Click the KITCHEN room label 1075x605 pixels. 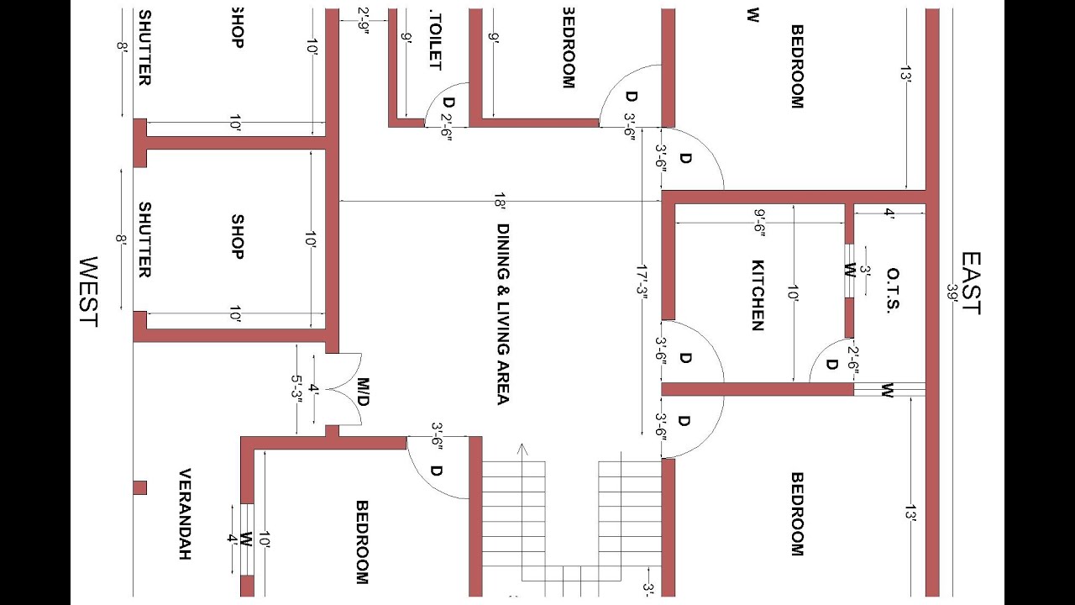[757, 294]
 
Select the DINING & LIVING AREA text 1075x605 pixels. [502, 313]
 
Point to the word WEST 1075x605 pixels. [87, 292]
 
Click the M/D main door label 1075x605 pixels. [362, 392]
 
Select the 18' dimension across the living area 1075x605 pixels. [501, 202]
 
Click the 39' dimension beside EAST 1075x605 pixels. [952, 295]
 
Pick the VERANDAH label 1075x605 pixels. [186, 514]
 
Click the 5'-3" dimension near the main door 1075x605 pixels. [296, 389]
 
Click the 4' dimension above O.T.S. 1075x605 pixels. [889, 214]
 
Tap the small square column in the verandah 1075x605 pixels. [140, 487]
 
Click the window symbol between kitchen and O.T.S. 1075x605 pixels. [849, 271]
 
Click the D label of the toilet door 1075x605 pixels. [448, 103]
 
